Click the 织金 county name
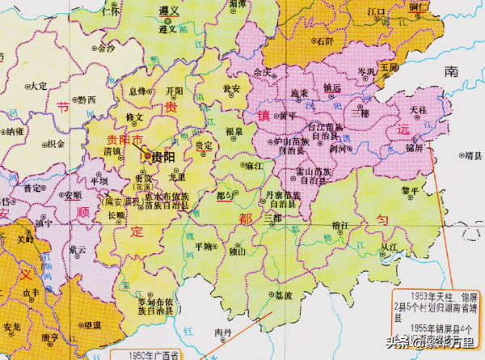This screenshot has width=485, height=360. [x=56, y=143]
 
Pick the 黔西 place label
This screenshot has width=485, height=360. [x=86, y=100]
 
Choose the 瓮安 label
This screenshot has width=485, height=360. [x=233, y=90]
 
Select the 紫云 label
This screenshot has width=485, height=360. [x=78, y=250]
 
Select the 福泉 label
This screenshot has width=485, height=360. [x=234, y=130]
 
